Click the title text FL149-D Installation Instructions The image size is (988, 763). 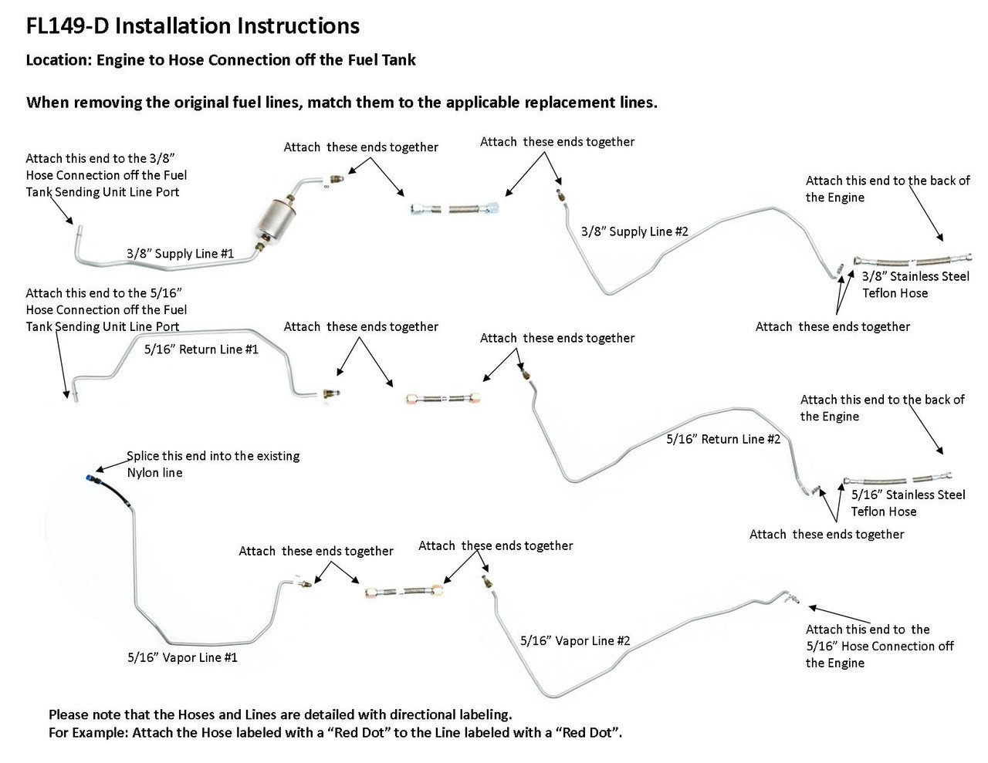[193, 25]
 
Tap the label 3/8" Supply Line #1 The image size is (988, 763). [181, 253]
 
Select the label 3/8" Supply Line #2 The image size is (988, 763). [634, 231]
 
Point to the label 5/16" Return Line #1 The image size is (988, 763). [201, 349]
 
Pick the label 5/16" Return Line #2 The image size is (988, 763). [723, 439]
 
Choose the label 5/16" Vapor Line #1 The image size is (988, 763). [183, 657]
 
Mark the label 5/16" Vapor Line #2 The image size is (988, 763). [575, 640]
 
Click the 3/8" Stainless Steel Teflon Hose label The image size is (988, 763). [915, 284]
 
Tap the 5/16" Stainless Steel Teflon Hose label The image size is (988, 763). [908, 503]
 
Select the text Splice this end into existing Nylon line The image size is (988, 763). [213, 464]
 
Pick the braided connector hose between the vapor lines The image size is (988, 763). [404, 592]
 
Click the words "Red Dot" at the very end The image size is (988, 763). [589, 732]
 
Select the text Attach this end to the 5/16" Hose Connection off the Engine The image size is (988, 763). [879, 646]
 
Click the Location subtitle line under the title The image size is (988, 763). [221, 60]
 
